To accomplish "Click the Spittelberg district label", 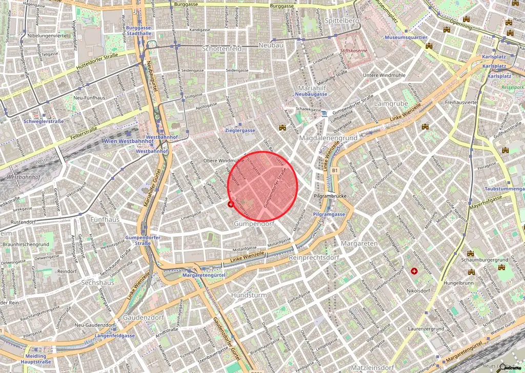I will coord(341,21).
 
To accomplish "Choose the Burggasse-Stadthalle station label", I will coord(138,30).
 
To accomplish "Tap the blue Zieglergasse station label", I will coord(240,131).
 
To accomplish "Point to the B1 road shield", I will coord(335,170).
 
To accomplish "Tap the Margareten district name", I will coord(362,243).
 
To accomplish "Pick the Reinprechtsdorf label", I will coord(314,257).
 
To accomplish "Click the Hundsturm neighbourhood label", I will coord(249,295).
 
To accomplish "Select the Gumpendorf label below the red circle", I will coord(254,225).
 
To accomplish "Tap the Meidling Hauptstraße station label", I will coord(35,359).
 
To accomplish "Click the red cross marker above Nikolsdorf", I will coord(414,270).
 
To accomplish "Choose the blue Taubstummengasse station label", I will coord(504,189).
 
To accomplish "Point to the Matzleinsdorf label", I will coord(372,368).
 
